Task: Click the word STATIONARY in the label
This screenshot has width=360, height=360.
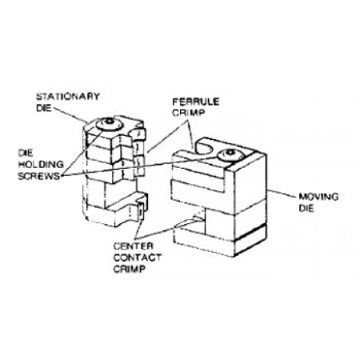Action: point(68,96)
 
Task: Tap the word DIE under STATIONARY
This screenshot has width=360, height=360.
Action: point(44,108)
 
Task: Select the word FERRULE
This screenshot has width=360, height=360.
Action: point(196,102)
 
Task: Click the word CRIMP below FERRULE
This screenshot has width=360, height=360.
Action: point(189,113)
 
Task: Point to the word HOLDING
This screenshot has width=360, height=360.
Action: point(41,164)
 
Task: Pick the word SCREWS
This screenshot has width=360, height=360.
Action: point(39,176)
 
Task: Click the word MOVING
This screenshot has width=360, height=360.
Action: point(318,197)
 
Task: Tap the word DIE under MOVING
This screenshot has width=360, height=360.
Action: point(306,208)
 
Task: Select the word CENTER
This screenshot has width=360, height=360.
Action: point(134,246)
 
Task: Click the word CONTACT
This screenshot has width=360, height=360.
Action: point(138,258)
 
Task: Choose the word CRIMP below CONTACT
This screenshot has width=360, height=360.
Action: point(130,269)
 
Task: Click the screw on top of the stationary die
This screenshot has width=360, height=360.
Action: point(110,124)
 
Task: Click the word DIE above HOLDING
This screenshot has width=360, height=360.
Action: point(26,153)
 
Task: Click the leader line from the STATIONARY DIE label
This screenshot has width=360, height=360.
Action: point(70,115)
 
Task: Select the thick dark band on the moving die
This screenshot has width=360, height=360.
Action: point(250,233)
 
